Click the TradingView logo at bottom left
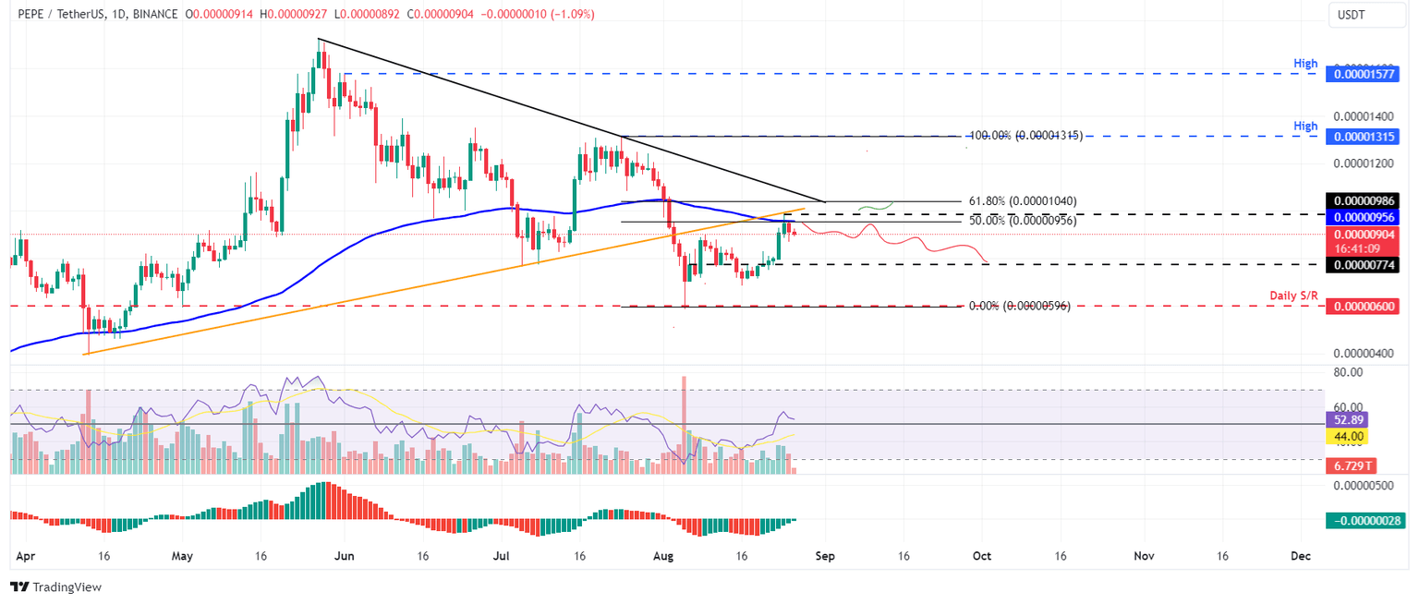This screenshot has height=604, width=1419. [x=55, y=586]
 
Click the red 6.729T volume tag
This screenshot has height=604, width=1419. [x=1350, y=467]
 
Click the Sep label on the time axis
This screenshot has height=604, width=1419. [x=825, y=556]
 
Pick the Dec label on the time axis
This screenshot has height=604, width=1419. [x=1301, y=556]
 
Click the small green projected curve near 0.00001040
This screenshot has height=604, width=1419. [x=875, y=204]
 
